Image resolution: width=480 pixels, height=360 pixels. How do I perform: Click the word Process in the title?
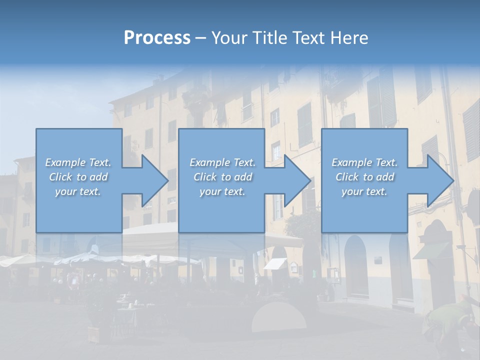[x=157, y=38]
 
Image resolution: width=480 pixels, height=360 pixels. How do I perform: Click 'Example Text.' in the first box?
[x=78, y=162]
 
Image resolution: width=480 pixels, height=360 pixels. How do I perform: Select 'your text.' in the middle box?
[x=222, y=191]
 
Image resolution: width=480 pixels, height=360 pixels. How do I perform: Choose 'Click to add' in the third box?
[x=364, y=177]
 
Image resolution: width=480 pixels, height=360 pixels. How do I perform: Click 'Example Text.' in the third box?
[x=364, y=162]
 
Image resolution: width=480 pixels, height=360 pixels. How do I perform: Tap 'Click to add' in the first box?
[x=78, y=177]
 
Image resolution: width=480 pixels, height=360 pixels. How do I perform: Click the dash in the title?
[x=201, y=38]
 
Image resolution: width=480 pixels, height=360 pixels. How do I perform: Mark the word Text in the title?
[x=306, y=38]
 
